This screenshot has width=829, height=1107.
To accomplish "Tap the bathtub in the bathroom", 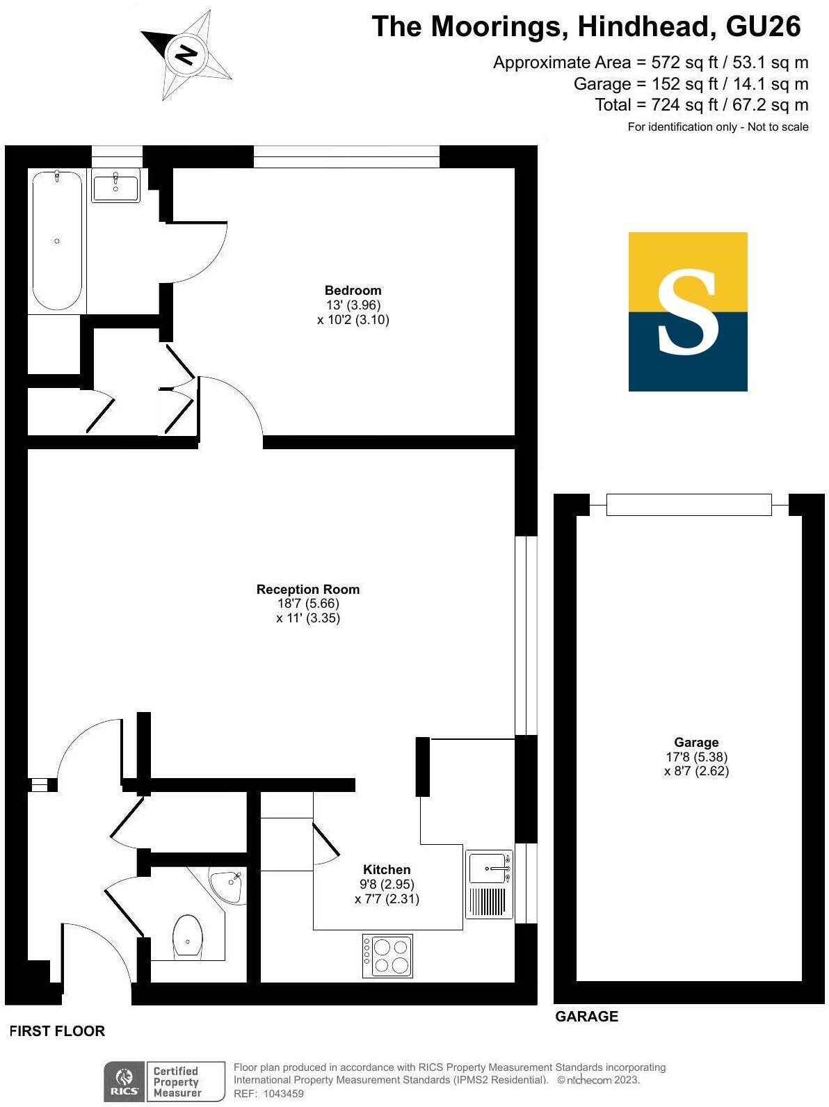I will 57,240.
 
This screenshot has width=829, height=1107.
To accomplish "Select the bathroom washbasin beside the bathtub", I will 115,186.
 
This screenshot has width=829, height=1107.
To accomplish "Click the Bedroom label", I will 353,291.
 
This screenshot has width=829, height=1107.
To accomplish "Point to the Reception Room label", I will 308,590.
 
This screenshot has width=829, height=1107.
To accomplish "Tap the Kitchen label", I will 387,870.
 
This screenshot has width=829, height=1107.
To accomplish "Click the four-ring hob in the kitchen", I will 388,956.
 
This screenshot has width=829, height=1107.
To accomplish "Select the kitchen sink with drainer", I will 489,884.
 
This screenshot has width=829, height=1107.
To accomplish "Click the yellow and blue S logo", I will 688,312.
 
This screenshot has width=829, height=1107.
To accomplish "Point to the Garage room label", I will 696,743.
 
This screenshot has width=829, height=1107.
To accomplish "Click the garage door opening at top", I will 689,504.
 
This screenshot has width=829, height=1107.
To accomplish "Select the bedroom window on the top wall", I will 346,157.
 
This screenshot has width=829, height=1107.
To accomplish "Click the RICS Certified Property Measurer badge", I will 165,1081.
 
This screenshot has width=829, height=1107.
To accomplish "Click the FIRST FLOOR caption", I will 57,1031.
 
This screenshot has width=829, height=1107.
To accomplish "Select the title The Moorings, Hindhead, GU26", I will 586,27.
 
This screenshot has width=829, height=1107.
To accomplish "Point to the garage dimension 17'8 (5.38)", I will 696,757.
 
